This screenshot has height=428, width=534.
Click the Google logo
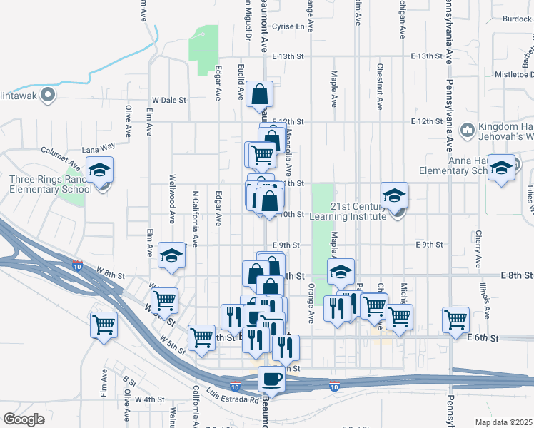pyautogui.click(x=24, y=419)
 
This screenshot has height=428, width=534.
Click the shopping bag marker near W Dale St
pyautogui.click(x=259, y=94)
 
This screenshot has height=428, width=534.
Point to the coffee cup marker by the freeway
pyautogui.click(x=271, y=379)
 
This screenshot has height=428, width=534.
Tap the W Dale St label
pyautogui.click(x=168, y=101)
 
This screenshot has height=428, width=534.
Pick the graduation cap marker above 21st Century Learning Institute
pyautogui.click(x=394, y=195)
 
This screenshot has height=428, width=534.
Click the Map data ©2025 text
pyautogui.click(x=503, y=422)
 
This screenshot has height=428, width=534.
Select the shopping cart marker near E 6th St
pyautogui.click(x=455, y=320)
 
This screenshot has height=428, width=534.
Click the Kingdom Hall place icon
pyautogui.click(x=468, y=129)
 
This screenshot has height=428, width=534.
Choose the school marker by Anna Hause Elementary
pyautogui.click(x=502, y=168)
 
